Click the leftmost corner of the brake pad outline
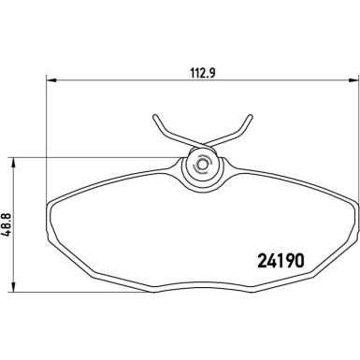click(46, 205)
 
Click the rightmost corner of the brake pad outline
click(356, 205)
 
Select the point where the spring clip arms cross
click(201, 143)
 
